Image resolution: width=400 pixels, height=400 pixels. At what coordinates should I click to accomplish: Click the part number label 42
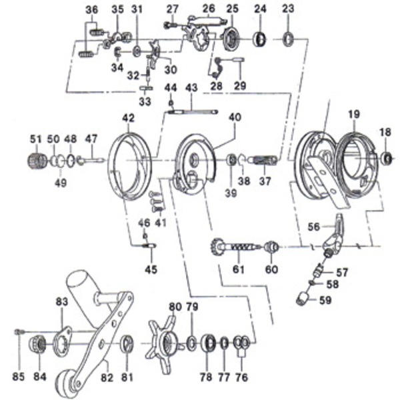click(x=128, y=117)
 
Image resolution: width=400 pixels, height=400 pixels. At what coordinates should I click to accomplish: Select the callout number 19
click(x=353, y=114)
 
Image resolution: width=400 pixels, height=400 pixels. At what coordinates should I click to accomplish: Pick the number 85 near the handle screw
click(x=18, y=377)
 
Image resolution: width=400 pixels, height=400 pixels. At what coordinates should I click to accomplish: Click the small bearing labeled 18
click(x=386, y=159)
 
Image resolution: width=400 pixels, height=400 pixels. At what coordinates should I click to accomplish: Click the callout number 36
click(x=92, y=9)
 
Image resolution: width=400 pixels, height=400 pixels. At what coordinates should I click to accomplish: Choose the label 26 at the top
click(x=209, y=9)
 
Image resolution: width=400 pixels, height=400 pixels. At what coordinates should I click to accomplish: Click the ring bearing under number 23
click(x=288, y=38)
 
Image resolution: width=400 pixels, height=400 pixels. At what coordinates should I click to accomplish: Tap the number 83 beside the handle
click(x=62, y=302)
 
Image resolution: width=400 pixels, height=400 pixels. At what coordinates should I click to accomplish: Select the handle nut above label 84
click(x=37, y=345)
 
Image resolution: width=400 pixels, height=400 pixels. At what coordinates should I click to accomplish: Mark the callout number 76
click(x=241, y=377)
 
